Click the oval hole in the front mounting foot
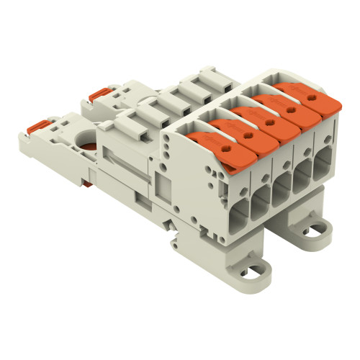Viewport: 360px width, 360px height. [256, 273]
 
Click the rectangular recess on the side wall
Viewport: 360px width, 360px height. [163, 189]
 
